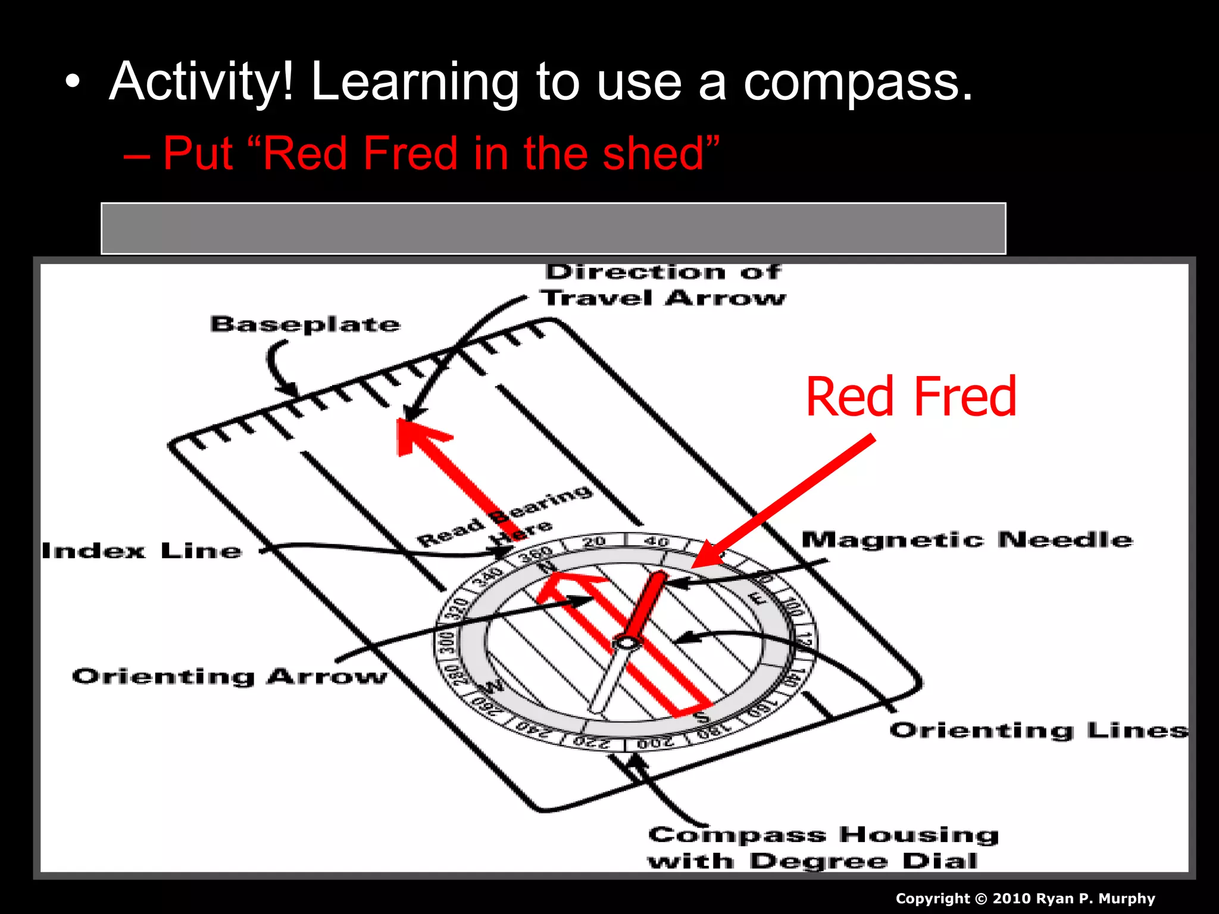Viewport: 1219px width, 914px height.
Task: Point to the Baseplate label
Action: tap(305, 324)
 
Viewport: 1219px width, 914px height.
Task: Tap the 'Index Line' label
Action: tap(142, 551)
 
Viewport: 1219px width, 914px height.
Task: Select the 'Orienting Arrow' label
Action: tap(229, 677)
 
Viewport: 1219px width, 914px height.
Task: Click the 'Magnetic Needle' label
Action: tap(967, 540)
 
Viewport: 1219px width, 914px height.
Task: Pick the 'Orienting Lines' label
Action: tap(1039, 730)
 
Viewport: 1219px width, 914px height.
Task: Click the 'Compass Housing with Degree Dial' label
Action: tap(821, 848)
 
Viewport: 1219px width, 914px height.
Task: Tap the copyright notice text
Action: tap(1025, 899)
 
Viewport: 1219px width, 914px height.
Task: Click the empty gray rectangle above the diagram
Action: tap(554, 228)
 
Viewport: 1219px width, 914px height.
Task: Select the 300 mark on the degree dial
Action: tap(446, 643)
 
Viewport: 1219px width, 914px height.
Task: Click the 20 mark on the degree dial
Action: tap(594, 541)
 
